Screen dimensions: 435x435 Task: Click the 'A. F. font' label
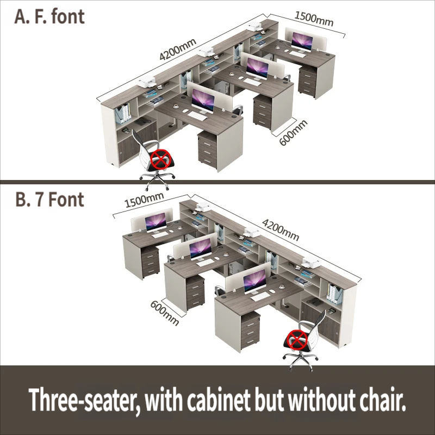(49, 16)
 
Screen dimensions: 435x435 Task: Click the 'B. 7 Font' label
(49, 200)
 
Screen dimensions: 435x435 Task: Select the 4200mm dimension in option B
(281, 229)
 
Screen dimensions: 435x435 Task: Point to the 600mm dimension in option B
(165, 312)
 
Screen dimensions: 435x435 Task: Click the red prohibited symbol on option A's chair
(160, 160)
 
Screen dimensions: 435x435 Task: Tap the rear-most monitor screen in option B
(157, 221)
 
